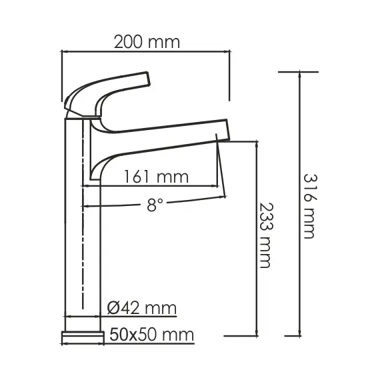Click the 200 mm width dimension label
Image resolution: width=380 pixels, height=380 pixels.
click(146, 41)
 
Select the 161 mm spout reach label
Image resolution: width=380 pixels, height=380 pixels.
click(155, 177)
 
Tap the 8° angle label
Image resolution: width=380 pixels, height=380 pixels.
click(155, 206)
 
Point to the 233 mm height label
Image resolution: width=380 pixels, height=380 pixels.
click(266, 235)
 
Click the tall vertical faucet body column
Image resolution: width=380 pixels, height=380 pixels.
click(75, 220)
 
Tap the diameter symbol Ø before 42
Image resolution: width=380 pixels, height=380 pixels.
click(113, 308)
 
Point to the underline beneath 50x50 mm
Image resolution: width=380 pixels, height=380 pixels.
click(150, 342)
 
